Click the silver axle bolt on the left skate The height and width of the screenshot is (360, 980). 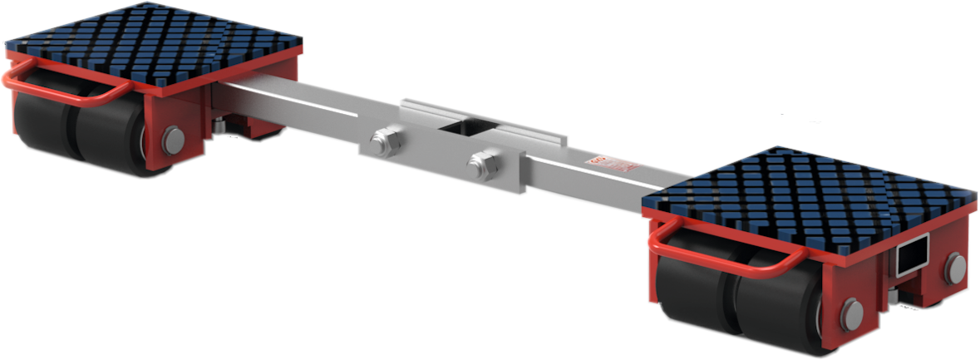click(173, 141)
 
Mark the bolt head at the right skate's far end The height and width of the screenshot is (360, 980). click(957, 266)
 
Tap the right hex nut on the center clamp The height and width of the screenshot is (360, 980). click(483, 163)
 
